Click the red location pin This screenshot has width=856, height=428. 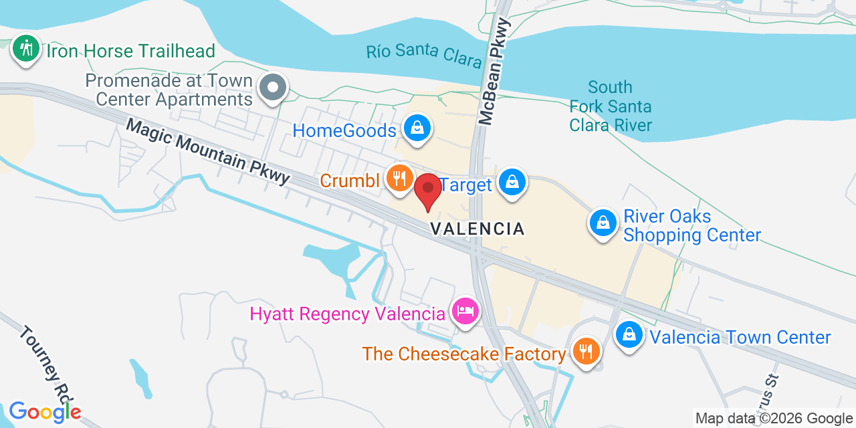click(428, 191)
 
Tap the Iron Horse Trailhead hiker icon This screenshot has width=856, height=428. click(27, 49)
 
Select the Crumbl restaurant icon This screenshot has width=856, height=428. click(399, 179)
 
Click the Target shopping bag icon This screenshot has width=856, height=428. click(512, 182)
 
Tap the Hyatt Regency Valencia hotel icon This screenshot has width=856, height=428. click(465, 311)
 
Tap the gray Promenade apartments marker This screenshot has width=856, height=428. click(273, 88)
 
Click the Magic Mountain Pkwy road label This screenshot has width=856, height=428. click(209, 151)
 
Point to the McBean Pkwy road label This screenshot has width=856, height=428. click(495, 72)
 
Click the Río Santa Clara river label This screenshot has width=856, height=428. click(424, 56)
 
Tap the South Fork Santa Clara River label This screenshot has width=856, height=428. click(610, 106)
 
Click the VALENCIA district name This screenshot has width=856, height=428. click(477, 229)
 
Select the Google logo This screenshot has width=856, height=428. click(44, 411)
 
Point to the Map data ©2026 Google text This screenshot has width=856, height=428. click(774, 419)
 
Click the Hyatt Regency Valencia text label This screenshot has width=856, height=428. click(347, 314)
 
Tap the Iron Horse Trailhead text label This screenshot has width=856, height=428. click(130, 51)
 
